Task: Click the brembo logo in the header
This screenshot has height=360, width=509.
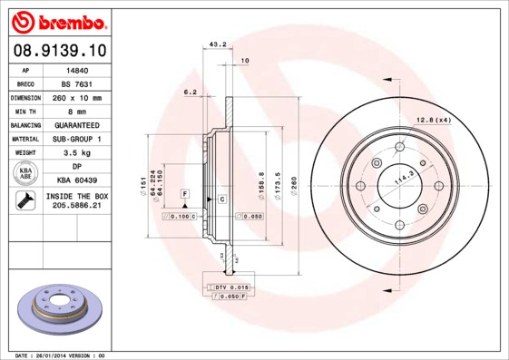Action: (58, 21)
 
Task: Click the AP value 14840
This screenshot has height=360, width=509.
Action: (77, 69)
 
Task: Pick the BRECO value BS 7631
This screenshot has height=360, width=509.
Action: (77, 83)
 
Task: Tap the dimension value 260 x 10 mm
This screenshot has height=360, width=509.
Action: (77, 97)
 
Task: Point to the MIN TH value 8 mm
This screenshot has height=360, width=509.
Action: (77, 111)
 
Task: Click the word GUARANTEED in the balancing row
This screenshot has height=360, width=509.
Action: (77, 124)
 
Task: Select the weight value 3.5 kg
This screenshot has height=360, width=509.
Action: (77, 153)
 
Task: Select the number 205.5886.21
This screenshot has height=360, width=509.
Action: (77, 206)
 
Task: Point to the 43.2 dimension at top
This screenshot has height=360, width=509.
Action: (218, 44)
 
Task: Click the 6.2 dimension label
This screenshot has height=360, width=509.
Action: (191, 92)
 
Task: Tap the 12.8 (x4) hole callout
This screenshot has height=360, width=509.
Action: (434, 120)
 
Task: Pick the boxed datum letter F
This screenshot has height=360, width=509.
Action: (184, 194)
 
